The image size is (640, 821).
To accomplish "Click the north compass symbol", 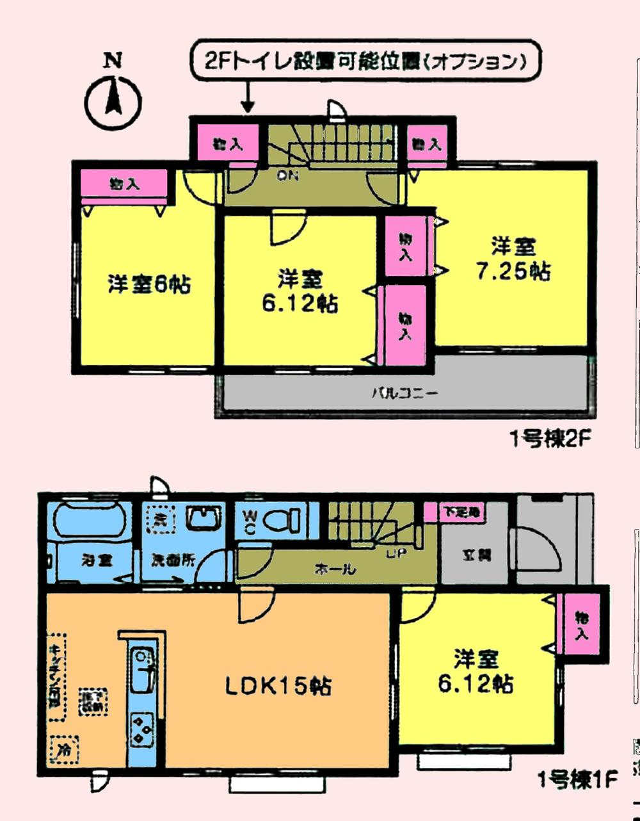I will (113, 101).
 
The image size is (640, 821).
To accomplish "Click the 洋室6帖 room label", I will (148, 284).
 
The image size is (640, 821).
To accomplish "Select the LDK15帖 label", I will (278, 687).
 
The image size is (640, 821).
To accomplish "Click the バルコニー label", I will (405, 393).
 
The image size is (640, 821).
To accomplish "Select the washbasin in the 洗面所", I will (204, 517).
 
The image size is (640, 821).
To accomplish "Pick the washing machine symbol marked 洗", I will (157, 519).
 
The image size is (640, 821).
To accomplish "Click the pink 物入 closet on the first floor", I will (580, 625).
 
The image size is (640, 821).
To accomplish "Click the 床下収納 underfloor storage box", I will (93, 701).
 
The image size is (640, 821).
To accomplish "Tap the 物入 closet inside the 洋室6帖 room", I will (124, 185).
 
